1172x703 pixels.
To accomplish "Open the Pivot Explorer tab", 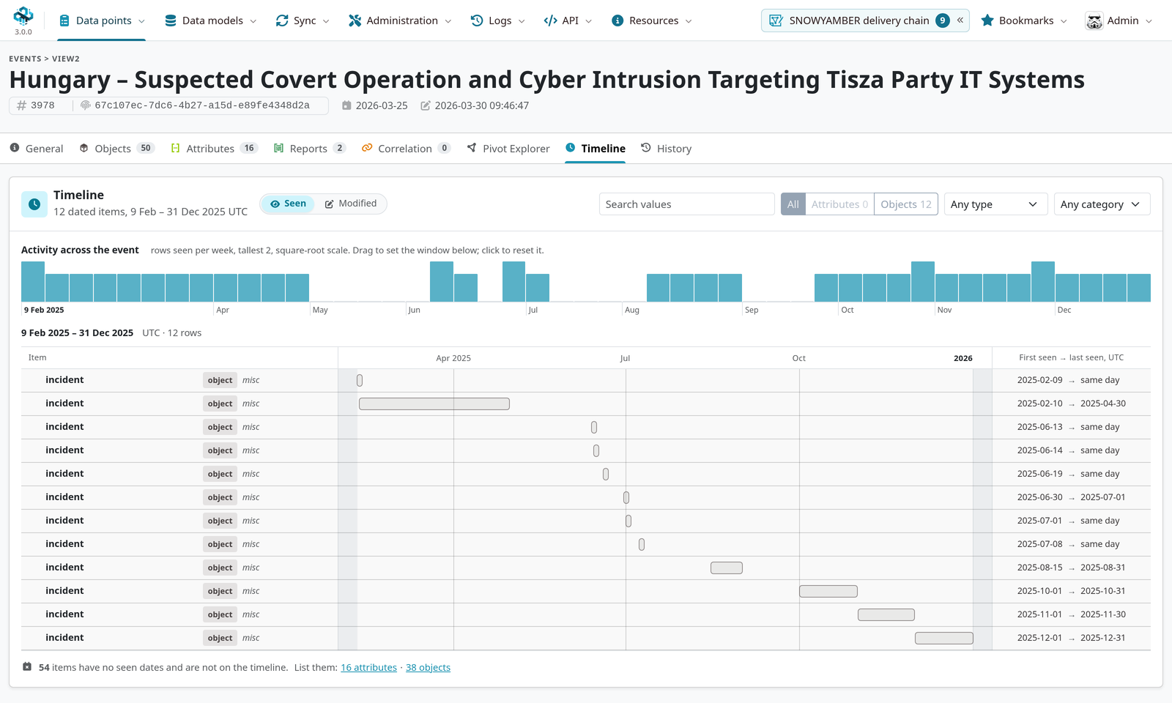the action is pos(508,149).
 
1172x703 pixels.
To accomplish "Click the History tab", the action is pos(666,149).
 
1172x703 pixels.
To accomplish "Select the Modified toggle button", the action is pos(351,204).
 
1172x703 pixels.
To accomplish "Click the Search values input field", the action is pos(686,204).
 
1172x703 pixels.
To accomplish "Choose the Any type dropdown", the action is pos(995,204).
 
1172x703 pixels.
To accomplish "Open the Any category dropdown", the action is pos(1102,204).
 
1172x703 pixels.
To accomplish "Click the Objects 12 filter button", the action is pos(905,204).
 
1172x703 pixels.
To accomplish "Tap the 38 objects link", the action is pos(428,667).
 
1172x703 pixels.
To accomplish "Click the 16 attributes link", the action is pos(368,667).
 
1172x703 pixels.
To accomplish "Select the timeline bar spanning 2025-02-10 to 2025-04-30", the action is pos(434,403).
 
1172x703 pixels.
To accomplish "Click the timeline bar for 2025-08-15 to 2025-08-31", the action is pos(726,568).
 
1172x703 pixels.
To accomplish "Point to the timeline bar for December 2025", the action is pos(944,638).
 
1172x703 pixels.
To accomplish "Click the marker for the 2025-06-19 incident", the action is pos(605,474).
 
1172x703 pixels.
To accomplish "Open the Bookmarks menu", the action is pos(1024,21).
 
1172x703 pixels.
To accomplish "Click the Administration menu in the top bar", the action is pos(400,21).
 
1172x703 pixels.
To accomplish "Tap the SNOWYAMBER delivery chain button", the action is pos(865,21).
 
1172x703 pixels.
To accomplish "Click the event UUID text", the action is pos(202,105).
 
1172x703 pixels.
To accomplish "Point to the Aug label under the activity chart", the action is pos(631,310).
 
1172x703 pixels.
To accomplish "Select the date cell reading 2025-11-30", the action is pos(1103,614).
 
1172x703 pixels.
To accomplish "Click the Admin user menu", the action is pos(1119,21).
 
